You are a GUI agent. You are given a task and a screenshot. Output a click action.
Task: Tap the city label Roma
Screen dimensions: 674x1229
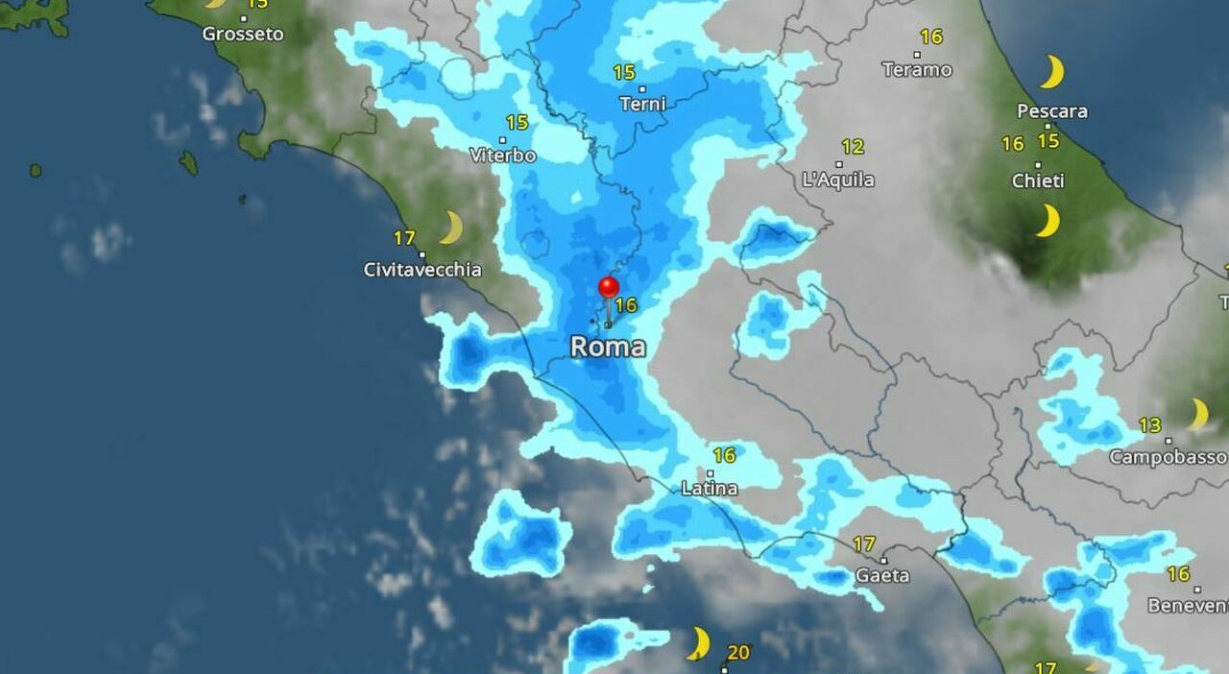point(608,347)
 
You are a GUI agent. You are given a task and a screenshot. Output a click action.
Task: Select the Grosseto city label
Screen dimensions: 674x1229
point(243,35)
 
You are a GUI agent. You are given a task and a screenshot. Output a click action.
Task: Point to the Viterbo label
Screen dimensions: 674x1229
point(503,156)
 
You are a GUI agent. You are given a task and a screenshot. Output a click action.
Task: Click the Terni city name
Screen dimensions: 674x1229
point(642,105)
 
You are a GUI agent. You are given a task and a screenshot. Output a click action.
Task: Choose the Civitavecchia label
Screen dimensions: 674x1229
point(422,270)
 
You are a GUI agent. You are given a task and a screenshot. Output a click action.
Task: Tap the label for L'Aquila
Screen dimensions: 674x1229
point(838,180)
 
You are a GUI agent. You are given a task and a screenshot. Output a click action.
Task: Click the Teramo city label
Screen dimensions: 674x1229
point(917,70)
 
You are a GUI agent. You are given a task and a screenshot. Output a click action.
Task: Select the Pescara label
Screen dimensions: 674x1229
point(1052,111)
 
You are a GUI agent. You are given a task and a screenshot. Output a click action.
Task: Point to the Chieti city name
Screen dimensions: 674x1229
point(1038,181)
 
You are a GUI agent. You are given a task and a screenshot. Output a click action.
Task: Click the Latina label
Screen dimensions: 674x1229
point(710,489)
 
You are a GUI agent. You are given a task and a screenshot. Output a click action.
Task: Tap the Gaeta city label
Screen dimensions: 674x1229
point(881,575)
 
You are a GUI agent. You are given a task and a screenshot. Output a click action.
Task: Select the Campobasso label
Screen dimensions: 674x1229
point(1168,457)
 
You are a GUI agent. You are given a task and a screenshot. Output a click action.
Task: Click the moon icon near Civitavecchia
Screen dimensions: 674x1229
point(450,229)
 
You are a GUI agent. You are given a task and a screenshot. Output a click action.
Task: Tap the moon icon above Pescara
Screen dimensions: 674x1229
point(1052,72)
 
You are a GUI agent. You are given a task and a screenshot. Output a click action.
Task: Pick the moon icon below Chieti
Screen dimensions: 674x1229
point(1048,221)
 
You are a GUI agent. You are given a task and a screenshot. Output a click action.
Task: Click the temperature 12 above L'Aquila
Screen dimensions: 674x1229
point(853,147)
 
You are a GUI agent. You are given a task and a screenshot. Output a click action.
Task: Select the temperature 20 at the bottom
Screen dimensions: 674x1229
point(737,653)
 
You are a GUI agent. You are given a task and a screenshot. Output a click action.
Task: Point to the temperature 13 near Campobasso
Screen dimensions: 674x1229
point(1149,425)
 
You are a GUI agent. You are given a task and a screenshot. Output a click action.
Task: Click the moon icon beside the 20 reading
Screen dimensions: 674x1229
point(699,643)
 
